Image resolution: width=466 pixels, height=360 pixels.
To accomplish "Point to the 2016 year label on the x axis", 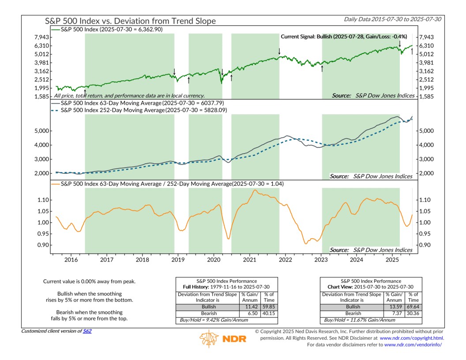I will pyautogui.click(x=71, y=260).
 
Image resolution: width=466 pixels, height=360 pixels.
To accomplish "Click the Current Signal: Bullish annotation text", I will pyautogui.click(x=344, y=37).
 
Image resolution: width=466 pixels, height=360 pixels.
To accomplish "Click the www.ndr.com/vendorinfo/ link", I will pyautogui.click(x=414, y=345).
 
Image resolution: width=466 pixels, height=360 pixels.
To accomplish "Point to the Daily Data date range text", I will pyautogui.click(x=394, y=19).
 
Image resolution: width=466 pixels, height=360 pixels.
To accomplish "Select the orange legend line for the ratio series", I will pyautogui.click(x=55, y=184).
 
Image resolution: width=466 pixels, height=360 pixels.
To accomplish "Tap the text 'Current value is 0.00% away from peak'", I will pyautogui.click(x=89, y=281).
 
